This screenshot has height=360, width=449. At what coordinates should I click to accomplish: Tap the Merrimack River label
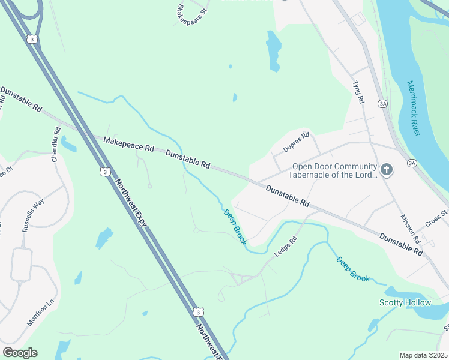point(414,108)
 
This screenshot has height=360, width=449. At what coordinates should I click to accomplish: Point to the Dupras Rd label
point(296,143)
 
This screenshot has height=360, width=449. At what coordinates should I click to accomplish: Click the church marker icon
point(386,170)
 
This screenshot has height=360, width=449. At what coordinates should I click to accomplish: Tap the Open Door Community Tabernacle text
point(334,171)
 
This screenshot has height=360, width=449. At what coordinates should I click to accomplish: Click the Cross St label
point(436,217)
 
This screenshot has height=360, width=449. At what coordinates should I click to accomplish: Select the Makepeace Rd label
point(128,144)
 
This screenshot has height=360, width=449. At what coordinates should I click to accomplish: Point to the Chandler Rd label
point(56,144)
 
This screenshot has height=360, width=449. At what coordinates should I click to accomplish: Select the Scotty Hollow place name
point(405,302)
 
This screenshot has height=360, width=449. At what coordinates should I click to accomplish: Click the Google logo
point(20,353)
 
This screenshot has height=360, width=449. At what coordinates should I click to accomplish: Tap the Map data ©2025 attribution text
point(424,355)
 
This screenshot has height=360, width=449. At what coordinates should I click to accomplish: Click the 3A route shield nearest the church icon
point(411,163)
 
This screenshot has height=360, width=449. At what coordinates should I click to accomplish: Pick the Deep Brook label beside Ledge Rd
point(235,226)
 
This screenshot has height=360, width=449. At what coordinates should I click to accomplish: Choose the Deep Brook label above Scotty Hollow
point(353,269)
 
